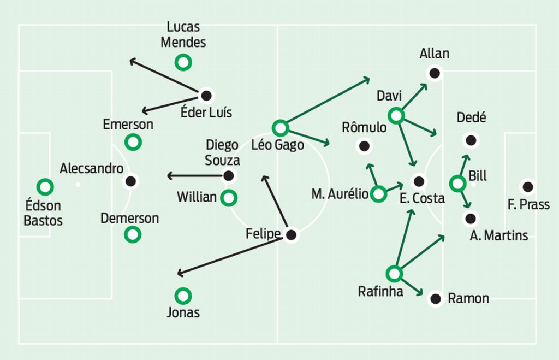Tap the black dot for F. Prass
pyautogui.click(x=528, y=187)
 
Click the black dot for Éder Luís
pyautogui.click(x=206, y=96)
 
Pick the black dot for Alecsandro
pyautogui.click(x=131, y=181)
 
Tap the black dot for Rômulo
pyautogui.click(x=364, y=146)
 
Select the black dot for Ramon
pyautogui.click(x=436, y=299)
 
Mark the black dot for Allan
pyautogui.click(x=435, y=73)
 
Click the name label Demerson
pyautogui.click(x=129, y=218)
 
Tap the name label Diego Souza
pyautogui.click(x=222, y=152)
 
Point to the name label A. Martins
pyautogui.click(x=499, y=235)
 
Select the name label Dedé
pyautogui.click(x=471, y=117)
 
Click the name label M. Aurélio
pyautogui.click(x=340, y=194)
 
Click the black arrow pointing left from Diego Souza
pyautogui.click(x=195, y=175)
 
